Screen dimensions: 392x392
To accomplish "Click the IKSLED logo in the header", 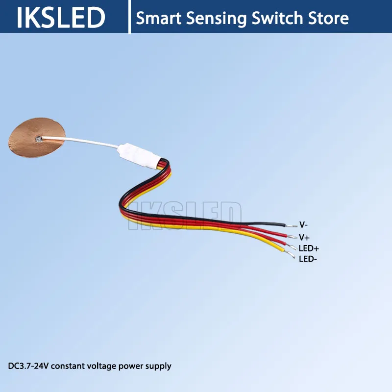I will [61, 18].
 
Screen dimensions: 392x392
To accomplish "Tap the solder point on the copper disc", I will [38, 139].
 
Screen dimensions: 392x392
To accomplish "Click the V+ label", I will [304, 237].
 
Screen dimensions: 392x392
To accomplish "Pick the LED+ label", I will [309, 248].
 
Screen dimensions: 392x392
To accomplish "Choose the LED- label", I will [308, 259].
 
